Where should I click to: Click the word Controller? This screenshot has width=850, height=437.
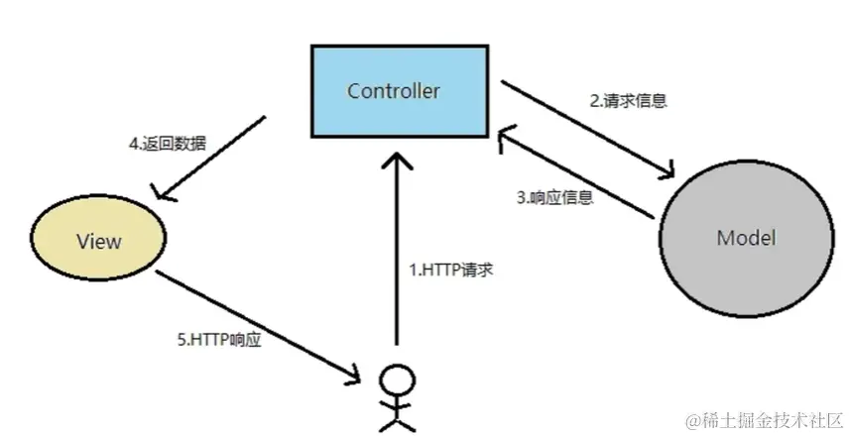click(393, 91)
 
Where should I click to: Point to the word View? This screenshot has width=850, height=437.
click(99, 241)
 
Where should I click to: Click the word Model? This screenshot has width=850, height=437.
click(745, 239)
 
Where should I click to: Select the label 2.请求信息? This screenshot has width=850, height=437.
click(628, 100)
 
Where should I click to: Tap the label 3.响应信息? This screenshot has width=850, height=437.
click(555, 196)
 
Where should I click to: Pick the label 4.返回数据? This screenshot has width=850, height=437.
click(168, 143)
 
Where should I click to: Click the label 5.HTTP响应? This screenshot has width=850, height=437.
click(219, 340)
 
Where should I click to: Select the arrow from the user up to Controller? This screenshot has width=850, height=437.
click(397, 258)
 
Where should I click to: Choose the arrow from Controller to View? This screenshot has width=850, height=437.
click(213, 159)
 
